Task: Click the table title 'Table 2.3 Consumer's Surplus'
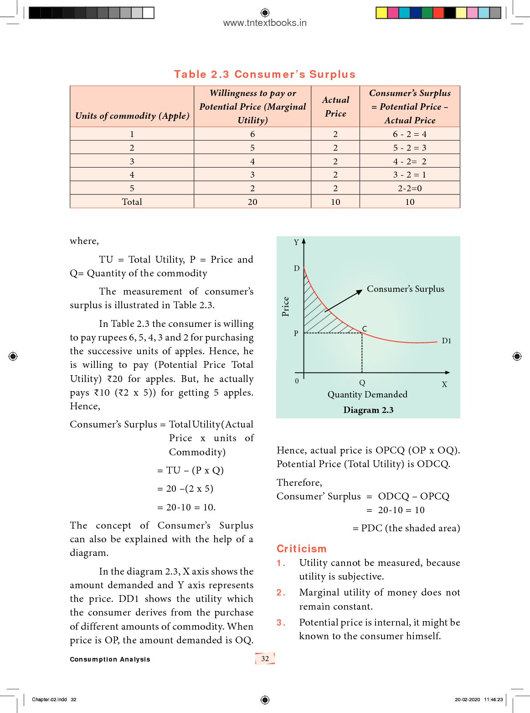coord(265,75)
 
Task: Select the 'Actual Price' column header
coord(335,107)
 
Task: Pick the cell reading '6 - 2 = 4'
coord(410,134)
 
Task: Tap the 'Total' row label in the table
coord(132,202)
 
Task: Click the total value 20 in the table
coord(252,202)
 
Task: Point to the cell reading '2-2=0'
coord(410,188)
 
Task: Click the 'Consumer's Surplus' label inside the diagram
coord(405,289)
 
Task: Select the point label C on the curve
coord(365,329)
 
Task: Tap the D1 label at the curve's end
coord(446,341)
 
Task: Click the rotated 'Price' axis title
coord(286,306)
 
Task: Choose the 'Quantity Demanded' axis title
coord(367,395)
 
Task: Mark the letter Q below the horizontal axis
coord(362,383)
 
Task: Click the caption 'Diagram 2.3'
coord(368,410)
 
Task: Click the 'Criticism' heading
coord(302,549)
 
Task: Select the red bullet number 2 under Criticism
coord(281,593)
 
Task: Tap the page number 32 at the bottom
coord(265,658)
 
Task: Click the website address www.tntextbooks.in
coord(265,23)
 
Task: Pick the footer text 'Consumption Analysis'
coord(110,659)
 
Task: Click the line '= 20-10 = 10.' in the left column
coord(186,507)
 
